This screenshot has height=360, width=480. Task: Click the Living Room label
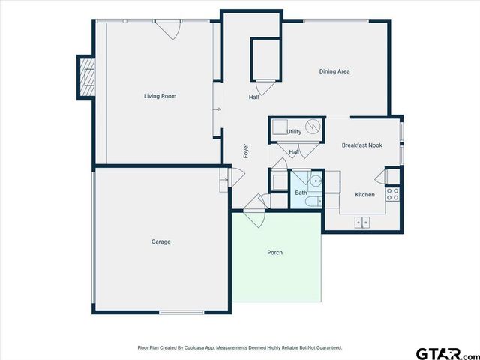tap(160, 96)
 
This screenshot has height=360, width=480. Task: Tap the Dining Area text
tap(334, 72)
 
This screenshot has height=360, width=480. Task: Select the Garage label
tap(160, 241)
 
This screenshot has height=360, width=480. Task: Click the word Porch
tap(275, 253)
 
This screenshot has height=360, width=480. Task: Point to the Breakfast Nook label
tap(361, 145)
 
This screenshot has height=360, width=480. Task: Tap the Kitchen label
tap(364, 195)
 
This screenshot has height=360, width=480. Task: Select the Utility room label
tap(294, 132)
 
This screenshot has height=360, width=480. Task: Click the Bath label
tap(300, 193)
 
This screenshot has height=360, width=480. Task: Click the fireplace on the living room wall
tap(88, 76)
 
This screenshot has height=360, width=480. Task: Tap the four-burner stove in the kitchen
tap(392, 194)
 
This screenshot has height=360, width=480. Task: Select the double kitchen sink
tap(362, 222)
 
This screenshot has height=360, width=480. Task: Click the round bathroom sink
tap(316, 181)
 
